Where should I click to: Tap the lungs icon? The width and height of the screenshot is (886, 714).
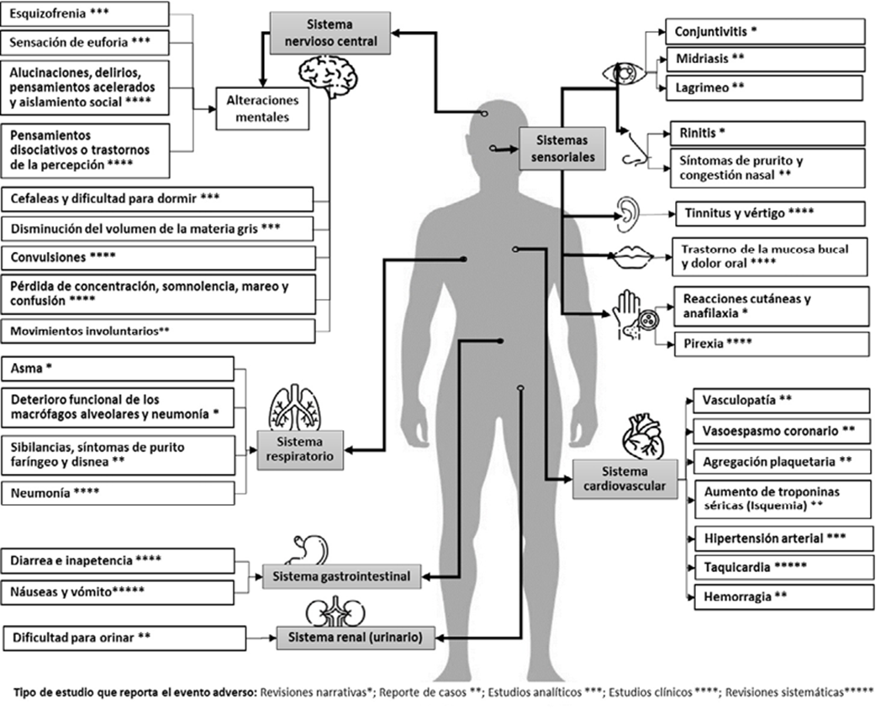tap(294, 407)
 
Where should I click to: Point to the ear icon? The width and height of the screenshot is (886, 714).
tap(628, 214)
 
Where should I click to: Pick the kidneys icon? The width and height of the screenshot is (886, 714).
tap(335, 612)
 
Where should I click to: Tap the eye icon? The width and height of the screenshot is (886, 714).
tap(623, 74)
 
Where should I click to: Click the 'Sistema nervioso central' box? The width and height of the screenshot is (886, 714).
tap(330, 34)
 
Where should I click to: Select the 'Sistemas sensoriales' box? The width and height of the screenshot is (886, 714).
tap(562, 149)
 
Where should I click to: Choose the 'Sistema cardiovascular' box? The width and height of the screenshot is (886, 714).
tap(625, 479)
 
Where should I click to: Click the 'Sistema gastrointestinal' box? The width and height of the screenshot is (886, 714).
tap(341, 576)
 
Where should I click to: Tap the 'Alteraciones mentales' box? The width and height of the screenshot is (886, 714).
tap(262, 108)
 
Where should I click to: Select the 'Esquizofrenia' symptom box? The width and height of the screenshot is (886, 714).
tap(85, 13)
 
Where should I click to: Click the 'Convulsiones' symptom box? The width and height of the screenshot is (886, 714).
tap(158, 258)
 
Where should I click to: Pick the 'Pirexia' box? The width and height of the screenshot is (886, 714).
tap(772, 344)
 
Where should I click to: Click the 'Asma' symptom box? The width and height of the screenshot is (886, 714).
tap(118, 369)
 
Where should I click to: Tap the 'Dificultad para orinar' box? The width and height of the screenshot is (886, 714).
tap(124, 638)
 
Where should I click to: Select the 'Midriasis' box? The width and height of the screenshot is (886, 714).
tap(765, 59)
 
